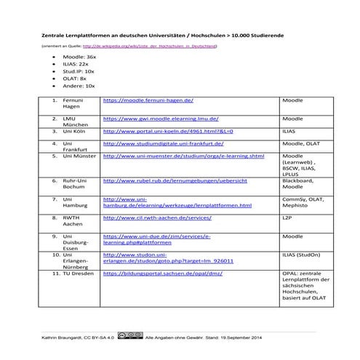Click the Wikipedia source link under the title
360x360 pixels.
(x=153, y=46)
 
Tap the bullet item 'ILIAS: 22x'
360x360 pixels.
(x=76, y=63)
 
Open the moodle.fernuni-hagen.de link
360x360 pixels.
(x=148, y=103)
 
